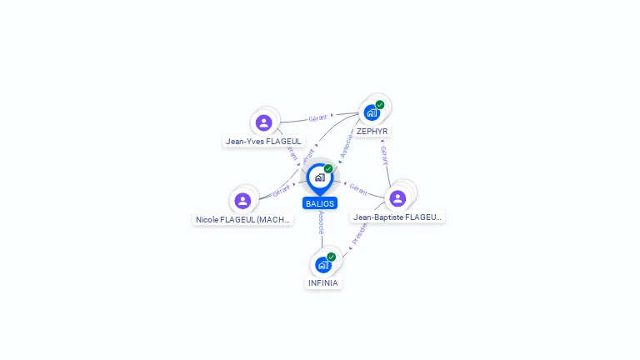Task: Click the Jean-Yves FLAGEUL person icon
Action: click(264, 122)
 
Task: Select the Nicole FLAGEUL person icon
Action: click(242, 201)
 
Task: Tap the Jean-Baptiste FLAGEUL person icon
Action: click(397, 197)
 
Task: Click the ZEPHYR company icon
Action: click(372, 112)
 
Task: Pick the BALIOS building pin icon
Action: click(319, 177)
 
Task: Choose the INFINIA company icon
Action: click(322, 264)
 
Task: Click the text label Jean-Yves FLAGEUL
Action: click(263, 142)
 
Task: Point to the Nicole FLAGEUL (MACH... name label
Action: click(242, 220)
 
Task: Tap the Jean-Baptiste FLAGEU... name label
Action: click(397, 217)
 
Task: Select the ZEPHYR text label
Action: click(372, 132)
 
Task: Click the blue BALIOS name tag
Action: click(320, 203)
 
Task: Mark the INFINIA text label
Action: click(323, 283)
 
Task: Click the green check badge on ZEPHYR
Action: click(380, 105)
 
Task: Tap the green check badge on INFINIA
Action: click(331, 257)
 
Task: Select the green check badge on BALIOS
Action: click(328, 169)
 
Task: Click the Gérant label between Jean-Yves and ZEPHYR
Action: click(317, 118)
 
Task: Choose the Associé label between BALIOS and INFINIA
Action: click(322, 222)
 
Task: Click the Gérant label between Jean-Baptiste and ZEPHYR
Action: click(384, 156)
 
